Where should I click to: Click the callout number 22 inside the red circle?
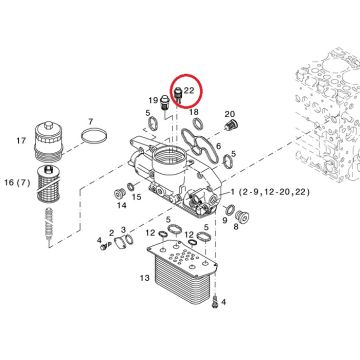(x=189, y=90)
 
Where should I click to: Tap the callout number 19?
(x=153, y=100)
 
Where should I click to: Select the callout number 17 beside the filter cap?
(x=21, y=141)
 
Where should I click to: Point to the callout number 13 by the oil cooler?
(x=145, y=277)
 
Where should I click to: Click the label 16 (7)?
(x=17, y=182)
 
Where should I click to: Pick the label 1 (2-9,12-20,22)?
(x=270, y=192)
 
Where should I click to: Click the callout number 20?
(x=230, y=114)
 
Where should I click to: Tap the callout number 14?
(x=122, y=205)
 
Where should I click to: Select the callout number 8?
(x=236, y=228)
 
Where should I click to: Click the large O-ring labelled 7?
(x=95, y=129)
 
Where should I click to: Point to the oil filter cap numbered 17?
(x=48, y=141)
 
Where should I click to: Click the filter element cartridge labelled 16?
(x=49, y=183)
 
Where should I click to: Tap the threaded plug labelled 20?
(x=230, y=126)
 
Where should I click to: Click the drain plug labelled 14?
(x=119, y=194)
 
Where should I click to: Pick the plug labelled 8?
(x=241, y=217)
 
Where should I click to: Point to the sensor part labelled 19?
(x=164, y=102)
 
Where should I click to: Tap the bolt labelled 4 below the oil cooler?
(x=215, y=301)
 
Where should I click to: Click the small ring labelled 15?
(x=131, y=187)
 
